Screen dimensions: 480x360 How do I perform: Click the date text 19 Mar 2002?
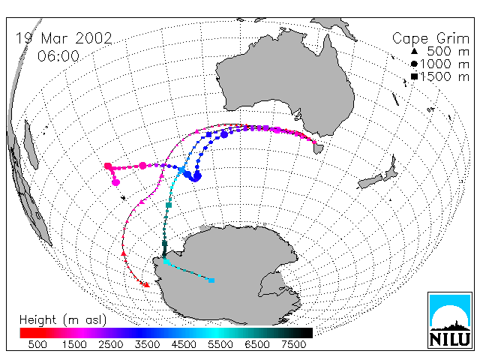(x=64, y=38)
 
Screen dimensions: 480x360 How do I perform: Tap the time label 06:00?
(x=58, y=56)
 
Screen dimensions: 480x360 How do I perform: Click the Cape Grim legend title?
(x=430, y=39)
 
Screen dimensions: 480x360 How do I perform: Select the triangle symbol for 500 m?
(x=414, y=52)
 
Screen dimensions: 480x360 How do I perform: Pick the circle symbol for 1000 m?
(x=414, y=64)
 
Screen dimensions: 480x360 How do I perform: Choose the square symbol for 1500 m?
(x=415, y=76)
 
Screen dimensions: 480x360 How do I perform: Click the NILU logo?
(x=450, y=320)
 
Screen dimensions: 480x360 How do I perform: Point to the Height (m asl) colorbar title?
(x=63, y=320)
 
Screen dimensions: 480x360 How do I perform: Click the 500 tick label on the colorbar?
(x=37, y=344)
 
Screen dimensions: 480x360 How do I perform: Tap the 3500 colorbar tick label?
(x=147, y=344)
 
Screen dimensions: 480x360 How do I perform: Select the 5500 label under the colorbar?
(x=220, y=344)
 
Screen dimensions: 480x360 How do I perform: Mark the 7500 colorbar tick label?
(x=293, y=344)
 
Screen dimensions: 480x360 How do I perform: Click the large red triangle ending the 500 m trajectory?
(x=147, y=285)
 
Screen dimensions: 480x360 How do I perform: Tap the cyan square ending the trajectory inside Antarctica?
(x=211, y=280)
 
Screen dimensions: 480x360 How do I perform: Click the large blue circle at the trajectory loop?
(x=196, y=177)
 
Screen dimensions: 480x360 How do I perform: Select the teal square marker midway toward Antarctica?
(x=169, y=205)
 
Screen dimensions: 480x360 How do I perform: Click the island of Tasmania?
(x=318, y=148)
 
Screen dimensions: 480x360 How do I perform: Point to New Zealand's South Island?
(x=370, y=181)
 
